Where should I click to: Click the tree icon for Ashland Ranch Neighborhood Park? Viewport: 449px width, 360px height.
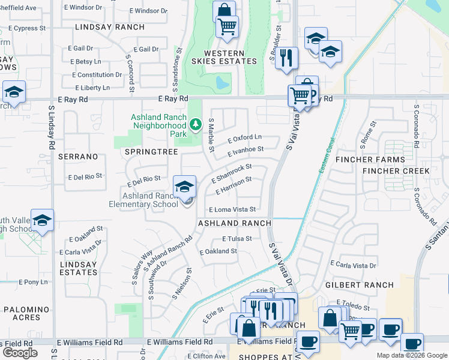click(194, 125)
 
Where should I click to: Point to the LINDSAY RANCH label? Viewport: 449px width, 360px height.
click(110, 27)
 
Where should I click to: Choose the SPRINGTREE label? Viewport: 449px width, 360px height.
click(151, 152)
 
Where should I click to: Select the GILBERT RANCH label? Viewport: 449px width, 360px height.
click(360, 285)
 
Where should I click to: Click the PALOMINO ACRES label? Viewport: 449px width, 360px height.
click(30, 313)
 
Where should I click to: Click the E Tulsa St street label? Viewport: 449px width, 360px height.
click(237, 238)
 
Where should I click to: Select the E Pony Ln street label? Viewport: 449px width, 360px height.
click(32, 281)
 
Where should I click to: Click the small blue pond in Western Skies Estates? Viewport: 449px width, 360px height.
click(222, 82)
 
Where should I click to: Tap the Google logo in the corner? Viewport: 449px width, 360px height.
click(20, 353)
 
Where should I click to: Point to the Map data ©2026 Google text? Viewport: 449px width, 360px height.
click(411, 355)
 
